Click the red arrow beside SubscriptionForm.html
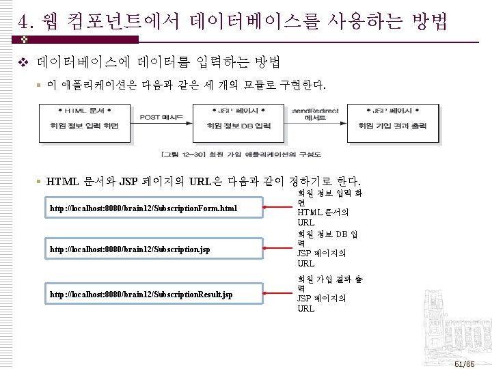(x=277, y=208)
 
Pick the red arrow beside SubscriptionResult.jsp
(x=277, y=295)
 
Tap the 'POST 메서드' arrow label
(x=161, y=118)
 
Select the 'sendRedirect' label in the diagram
(x=312, y=109)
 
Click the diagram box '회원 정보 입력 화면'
(x=85, y=126)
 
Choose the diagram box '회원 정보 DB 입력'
(x=238, y=126)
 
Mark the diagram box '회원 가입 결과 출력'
(x=394, y=126)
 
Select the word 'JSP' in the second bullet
(x=128, y=182)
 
